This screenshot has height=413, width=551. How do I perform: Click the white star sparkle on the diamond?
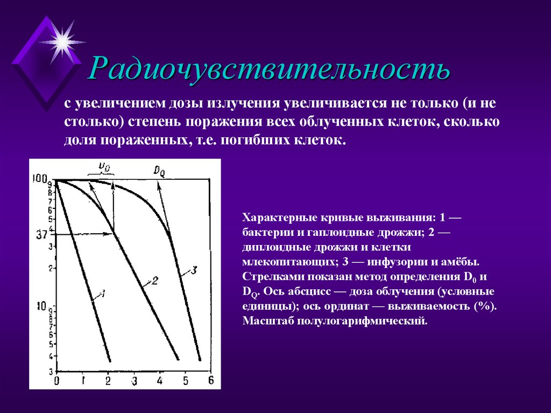click(x=62, y=41)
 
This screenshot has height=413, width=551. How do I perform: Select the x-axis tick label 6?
click(x=210, y=380)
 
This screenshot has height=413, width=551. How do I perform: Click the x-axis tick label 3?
click(x=134, y=381)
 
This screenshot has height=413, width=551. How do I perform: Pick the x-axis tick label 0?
click(x=56, y=381)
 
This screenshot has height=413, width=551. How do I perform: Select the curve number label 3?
click(x=194, y=269)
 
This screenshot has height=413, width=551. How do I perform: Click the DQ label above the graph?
click(x=159, y=171)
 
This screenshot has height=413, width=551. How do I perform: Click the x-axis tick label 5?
click(x=186, y=381)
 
